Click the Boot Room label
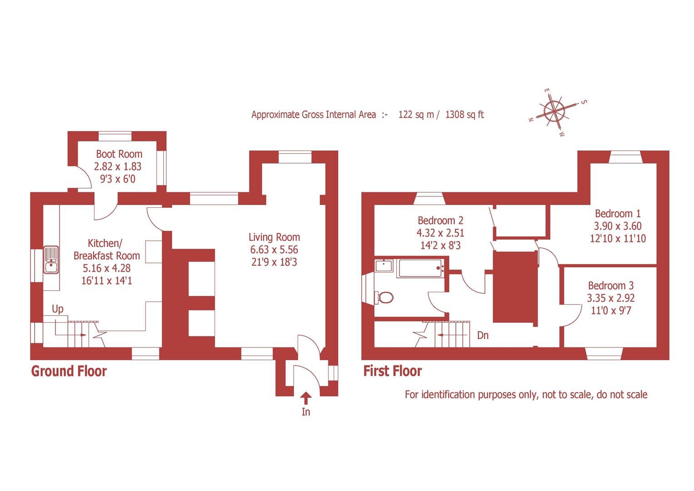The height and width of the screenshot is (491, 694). [119, 154]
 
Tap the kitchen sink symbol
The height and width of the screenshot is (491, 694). [51, 260]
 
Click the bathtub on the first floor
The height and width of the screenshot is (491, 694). [420, 268]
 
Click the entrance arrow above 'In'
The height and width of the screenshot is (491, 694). [306, 398]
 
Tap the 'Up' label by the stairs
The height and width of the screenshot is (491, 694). [58, 309]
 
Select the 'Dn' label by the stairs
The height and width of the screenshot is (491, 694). [483, 336]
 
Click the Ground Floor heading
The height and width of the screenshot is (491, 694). [69, 371]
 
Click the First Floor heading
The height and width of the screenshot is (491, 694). [393, 371]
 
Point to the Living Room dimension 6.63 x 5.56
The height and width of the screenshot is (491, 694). [274, 250]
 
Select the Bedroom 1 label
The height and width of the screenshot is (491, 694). [618, 213]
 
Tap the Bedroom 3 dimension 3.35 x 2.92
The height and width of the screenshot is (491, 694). [611, 298]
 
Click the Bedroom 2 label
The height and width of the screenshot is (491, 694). [440, 220]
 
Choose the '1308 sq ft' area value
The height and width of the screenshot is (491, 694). [464, 115]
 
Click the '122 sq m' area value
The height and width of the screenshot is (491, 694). [416, 115]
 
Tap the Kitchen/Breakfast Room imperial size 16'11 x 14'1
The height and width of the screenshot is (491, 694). [107, 281]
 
